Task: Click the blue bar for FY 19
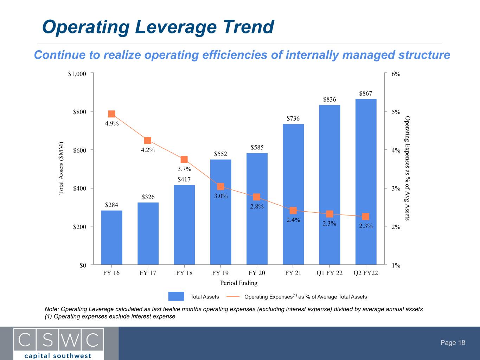click(220, 212)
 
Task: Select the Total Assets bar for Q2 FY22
click(366, 182)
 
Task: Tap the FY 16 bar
click(112, 238)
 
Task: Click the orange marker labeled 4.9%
click(112, 114)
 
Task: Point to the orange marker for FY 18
click(184, 159)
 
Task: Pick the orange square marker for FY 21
click(293, 211)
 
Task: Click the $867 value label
click(365, 94)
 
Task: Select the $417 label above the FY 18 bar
click(184, 179)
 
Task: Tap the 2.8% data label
click(257, 206)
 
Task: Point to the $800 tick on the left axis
click(79, 112)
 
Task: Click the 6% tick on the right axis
click(396, 74)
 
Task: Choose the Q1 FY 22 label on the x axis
click(329, 273)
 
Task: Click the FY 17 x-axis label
click(148, 273)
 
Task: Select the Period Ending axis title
click(239, 283)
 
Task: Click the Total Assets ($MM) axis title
click(61, 168)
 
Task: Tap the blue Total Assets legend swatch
click(176, 296)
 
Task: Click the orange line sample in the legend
click(233, 297)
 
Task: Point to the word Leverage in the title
click(176, 27)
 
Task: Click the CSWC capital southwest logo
click(59, 343)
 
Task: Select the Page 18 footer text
click(453, 342)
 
